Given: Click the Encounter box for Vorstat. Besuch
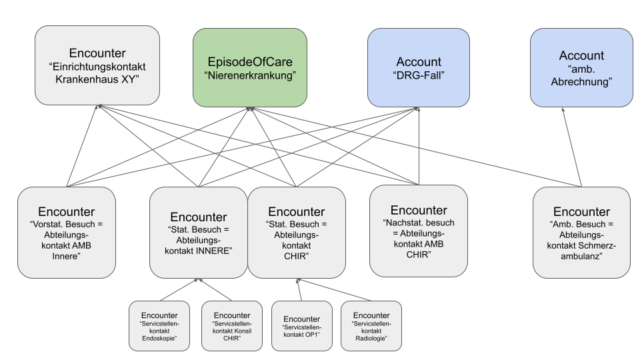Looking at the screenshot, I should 66,232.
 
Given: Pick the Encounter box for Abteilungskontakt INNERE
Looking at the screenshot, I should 198,232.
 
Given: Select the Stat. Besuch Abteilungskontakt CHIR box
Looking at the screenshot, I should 296,232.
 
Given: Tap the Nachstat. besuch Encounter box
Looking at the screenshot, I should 418,231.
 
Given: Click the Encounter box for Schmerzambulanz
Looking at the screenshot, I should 581,232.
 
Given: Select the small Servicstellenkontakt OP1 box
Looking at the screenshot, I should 301,326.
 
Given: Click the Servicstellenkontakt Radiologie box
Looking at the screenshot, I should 371,326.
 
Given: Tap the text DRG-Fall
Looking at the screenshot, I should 418,75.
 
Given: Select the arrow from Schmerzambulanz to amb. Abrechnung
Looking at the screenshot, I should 572,147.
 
